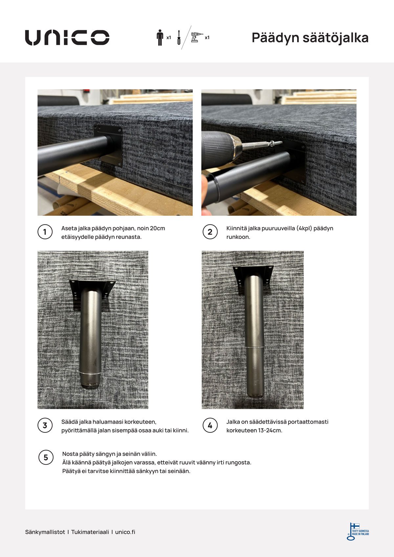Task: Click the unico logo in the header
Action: tap(67, 37)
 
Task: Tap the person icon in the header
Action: tap(160, 37)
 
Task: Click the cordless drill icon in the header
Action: tap(196, 37)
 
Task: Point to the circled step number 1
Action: tap(45, 232)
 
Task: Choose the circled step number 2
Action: tap(210, 232)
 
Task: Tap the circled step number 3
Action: tap(45, 426)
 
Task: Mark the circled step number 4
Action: tap(210, 426)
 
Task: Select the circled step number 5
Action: tap(46, 458)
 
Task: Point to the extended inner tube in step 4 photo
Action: tap(255, 371)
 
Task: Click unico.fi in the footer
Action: tap(125, 532)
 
